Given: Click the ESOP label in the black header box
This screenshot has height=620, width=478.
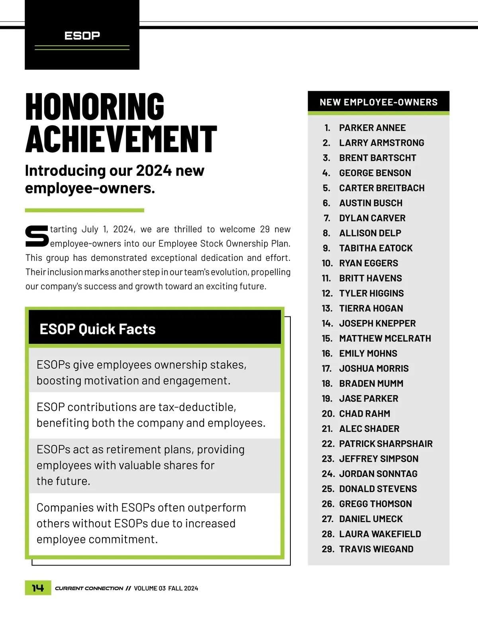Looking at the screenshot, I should coord(82,36).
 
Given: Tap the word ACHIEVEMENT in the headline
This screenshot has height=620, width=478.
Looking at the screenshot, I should coord(121,139).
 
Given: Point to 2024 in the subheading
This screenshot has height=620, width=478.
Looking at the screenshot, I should coord(153,171).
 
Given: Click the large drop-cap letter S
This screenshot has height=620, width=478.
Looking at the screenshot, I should coord(37,236).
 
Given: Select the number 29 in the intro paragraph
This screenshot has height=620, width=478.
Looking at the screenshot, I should coord(265,229).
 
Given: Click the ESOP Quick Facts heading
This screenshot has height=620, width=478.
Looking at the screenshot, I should coord(98,329).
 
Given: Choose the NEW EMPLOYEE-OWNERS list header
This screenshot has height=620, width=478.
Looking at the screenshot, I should coord(378,102).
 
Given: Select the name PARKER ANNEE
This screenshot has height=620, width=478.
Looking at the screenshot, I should coord(372,128).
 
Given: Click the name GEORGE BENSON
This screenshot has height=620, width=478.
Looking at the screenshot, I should coord(375,173).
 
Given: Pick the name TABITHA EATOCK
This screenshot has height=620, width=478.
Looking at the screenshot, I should coord(376,248).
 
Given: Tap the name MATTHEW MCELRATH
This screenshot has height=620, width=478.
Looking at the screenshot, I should coord(385,339).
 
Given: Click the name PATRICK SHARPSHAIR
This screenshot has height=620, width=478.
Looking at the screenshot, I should coord(386,444).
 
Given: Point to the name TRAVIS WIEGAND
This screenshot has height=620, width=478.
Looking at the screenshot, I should coord(376,549).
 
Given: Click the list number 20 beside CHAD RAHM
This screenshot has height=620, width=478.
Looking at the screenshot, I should coord(328,414).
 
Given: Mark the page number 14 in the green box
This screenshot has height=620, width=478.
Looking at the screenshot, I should coord(38,588).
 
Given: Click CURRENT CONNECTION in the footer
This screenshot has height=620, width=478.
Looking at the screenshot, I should coord(89,589).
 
